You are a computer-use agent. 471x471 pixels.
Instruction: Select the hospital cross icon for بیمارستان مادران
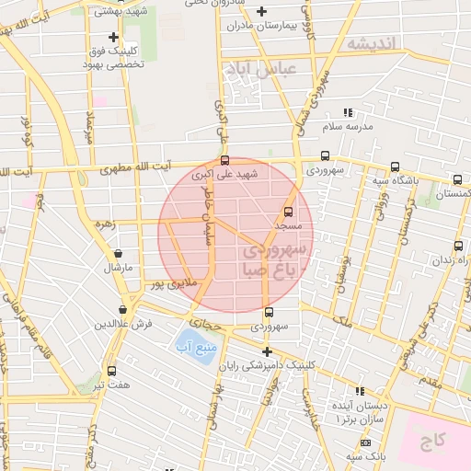tap(262, 11)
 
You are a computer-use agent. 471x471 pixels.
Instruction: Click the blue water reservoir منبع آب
tap(195, 347)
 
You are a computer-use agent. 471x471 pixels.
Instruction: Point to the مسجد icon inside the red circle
tap(289, 212)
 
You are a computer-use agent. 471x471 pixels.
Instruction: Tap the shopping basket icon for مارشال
tap(118, 254)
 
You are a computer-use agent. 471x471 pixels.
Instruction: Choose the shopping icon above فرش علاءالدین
tap(122, 310)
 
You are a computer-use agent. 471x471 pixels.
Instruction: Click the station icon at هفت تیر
tap(111, 372)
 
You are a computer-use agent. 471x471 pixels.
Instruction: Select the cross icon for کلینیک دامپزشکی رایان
tap(267, 352)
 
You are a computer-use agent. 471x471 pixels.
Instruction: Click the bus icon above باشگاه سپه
tap(395, 167)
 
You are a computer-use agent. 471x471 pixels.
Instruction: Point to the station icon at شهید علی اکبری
tap(225, 160)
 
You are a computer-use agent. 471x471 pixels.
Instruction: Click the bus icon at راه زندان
tap(458, 245)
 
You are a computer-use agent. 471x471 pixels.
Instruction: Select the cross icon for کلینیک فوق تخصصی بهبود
tap(113, 38)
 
